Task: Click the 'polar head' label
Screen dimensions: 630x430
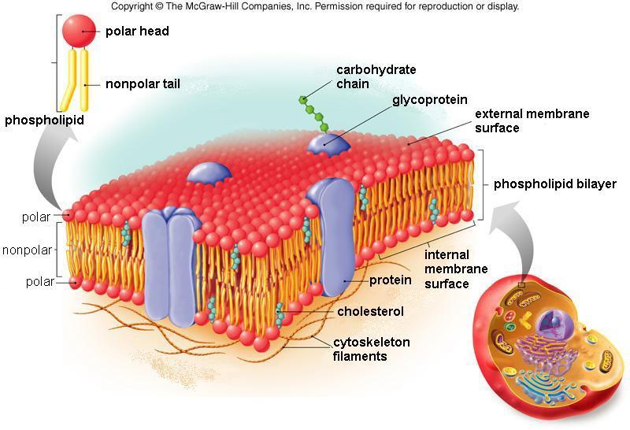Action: coord(137,32)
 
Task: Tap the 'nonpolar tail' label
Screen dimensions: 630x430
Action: coord(143,84)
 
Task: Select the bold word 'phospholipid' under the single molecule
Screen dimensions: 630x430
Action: coord(44,120)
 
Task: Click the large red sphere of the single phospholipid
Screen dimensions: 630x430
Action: coord(79,32)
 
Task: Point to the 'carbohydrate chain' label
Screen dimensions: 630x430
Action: coord(376,76)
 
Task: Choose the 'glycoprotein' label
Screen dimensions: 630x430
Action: coord(429,100)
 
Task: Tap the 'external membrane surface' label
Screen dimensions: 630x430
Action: coord(532,120)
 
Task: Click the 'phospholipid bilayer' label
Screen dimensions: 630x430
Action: coord(555,184)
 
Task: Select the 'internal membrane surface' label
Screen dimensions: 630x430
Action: coord(456,269)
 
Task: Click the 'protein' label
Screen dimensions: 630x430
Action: coord(390,280)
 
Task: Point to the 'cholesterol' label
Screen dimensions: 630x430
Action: coord(370,311)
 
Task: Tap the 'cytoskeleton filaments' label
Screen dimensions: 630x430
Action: coord(371,349)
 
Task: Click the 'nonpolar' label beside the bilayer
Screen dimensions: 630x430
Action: coord(28,250)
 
